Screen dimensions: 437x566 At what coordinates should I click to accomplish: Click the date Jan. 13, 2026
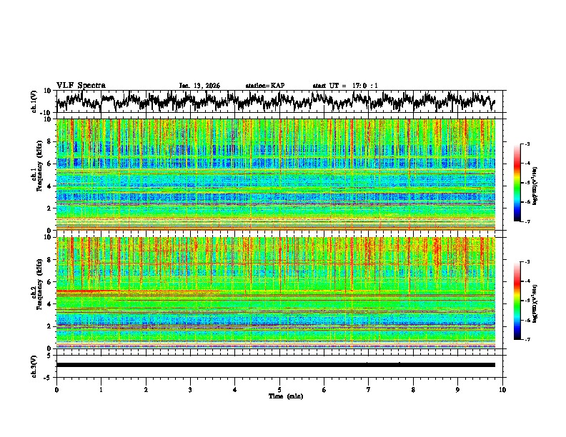click(199, 86)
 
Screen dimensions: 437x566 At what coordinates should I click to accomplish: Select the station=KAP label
click(264, 86)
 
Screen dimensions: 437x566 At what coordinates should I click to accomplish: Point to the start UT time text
click(345, 86)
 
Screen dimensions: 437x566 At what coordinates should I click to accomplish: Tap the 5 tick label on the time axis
click(279, 389)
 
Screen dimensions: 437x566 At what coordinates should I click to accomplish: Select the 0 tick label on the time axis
click(56, 389)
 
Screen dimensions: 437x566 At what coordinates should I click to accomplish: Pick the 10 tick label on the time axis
click(502, 389)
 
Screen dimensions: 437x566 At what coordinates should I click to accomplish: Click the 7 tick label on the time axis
click(369, 389)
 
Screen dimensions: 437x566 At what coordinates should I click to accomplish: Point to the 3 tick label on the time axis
click(190, 389)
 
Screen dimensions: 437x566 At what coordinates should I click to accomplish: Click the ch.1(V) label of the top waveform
click(34, 101)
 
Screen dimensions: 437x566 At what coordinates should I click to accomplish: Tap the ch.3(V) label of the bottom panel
click(34, 364)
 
